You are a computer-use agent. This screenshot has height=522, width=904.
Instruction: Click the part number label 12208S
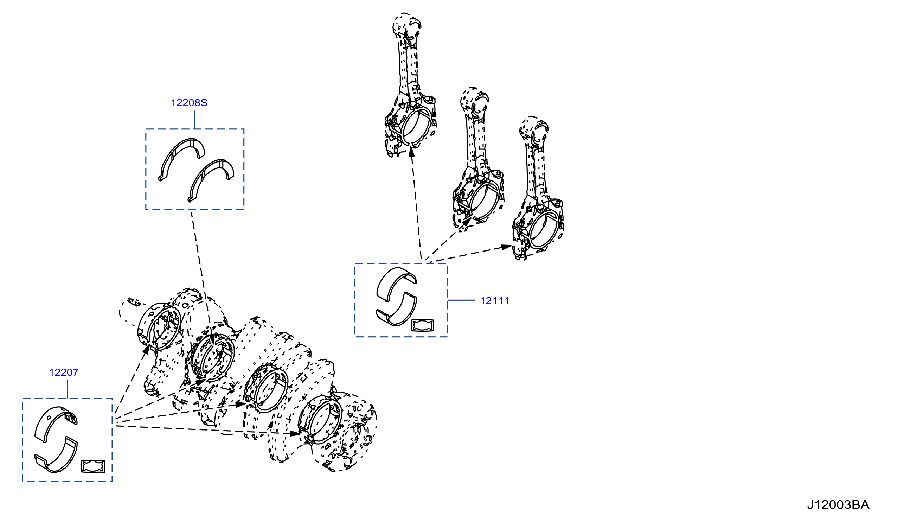(189, 103)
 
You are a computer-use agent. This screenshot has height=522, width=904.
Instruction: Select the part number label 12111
(494, 301)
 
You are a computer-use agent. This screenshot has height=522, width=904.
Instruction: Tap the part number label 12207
(63, 373)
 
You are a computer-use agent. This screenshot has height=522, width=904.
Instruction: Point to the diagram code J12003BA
(838, 505)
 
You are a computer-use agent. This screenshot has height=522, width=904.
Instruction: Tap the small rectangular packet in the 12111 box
(422, 325)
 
